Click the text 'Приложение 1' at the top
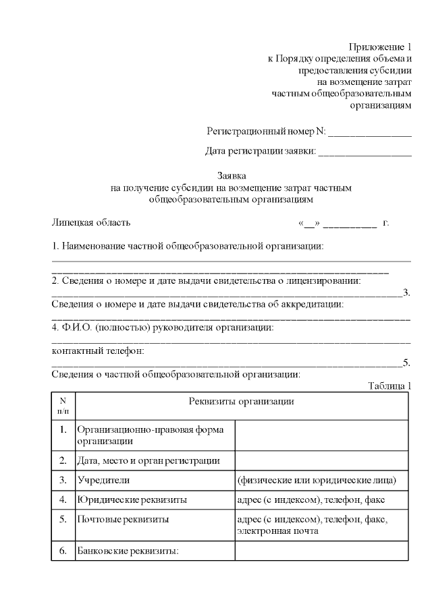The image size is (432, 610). coord(379,47)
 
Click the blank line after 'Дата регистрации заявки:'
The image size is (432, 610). coord(364,153)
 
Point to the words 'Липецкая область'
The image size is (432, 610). coord(91,222)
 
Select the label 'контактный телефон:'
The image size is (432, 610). coord(98,351)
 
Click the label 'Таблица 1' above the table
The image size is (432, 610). coord(389,386)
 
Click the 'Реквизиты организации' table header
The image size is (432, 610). coord(241,402)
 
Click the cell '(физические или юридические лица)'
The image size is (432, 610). coord(321,481)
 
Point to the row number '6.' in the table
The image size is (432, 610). coord(63,551)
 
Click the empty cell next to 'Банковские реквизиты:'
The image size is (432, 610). coord(321,551)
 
